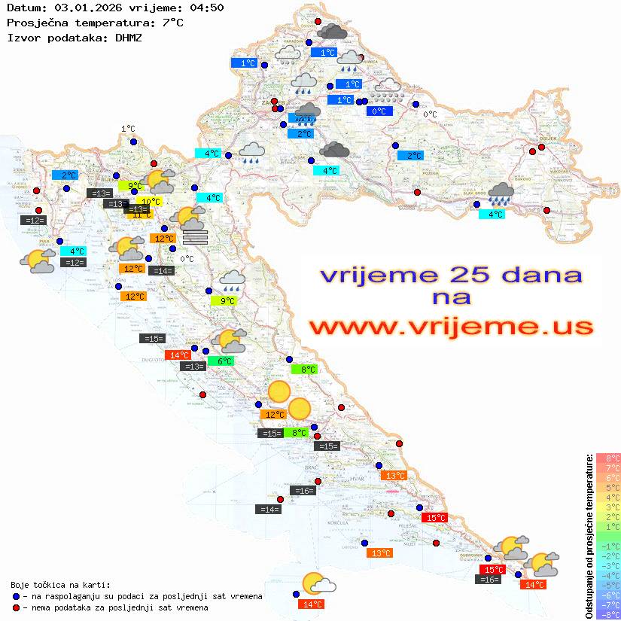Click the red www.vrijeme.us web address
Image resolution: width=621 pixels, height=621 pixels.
coord(450,327)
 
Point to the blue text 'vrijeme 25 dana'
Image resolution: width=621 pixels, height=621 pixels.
coord(450,275)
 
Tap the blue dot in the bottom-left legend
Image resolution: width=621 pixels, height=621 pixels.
coord(17,596)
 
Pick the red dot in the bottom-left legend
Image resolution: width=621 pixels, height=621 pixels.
coord(17,607)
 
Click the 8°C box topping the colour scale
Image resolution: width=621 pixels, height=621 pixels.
coord(608,458)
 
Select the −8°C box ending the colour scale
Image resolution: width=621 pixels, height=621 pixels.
coord(608,614)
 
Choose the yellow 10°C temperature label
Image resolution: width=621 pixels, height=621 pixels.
coord(150,202)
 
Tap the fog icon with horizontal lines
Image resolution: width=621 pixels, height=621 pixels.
coord(195,238)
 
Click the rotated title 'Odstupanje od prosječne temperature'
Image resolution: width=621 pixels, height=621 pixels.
coord(589,536)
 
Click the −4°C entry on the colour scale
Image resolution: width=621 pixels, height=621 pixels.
coord(608,575)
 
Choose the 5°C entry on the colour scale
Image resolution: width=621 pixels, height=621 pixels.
coord(608,487)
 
